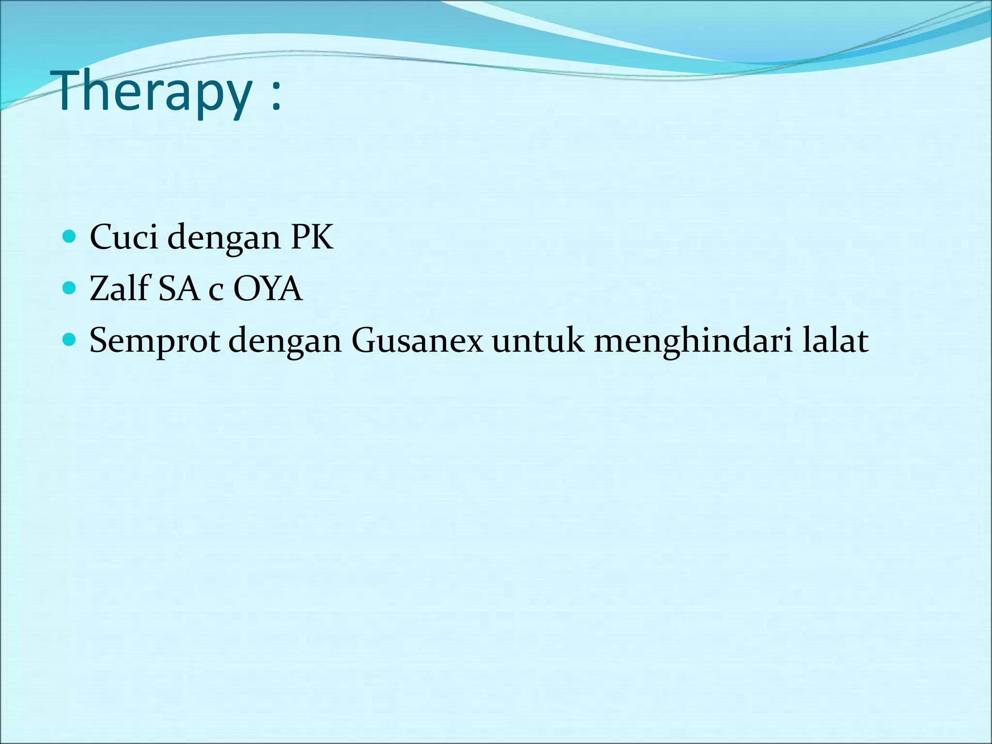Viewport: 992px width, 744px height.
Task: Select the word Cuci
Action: point(124,237)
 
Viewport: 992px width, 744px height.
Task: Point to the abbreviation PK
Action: point(312,237)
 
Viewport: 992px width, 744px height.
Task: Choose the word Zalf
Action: point(119,289)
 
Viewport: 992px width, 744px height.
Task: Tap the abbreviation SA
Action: point(179,289)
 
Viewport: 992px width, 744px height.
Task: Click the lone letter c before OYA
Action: point(216,292)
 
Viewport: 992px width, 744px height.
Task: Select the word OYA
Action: point(267,289)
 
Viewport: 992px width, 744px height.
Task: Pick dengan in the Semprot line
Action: point(285,342)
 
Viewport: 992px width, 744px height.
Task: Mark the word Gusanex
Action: point(417,341)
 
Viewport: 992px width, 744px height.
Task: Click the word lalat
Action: point(835,341)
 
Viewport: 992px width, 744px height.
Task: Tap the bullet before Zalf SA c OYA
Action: point(70,288)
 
